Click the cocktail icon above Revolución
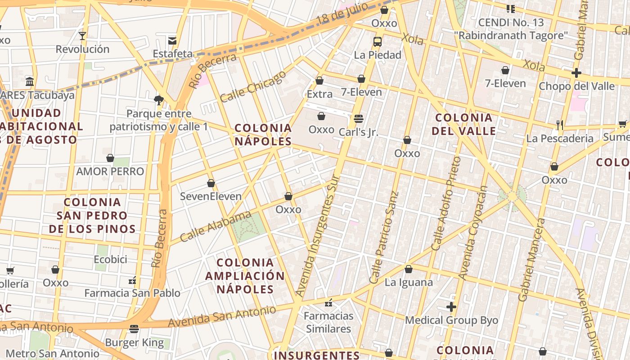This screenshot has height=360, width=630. pyautogui.click(x=82, y=36)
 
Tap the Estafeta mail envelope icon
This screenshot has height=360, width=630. pyautogui.click(x=172, y=41)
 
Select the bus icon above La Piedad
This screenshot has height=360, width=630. pyautogui.click(x=378, y=42)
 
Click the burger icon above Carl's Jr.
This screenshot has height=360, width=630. pyautogui.click(x=359, y=119)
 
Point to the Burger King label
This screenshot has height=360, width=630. pyautogui.click(x=134, y=342)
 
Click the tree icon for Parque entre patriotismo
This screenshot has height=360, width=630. pyautogui.click(x=158, y=100)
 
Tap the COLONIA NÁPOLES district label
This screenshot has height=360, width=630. pyautogui.click(x=263, y=135)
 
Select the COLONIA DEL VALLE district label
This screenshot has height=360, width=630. pyautogui.click(x=464, y=124)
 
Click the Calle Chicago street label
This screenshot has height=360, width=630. pyautogui.click(x=253, y=86)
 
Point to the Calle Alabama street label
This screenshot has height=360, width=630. pyautogui.click(x=216, y=226)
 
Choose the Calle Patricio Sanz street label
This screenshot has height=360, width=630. pyautogui.click(x=384, y=237)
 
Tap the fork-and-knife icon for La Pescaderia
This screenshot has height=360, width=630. pyautogui.click(x=560, y=125)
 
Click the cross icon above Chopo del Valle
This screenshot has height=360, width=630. pyautogui.click(x=576, y=73)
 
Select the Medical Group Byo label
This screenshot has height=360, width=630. pyautogui.click(x=451, y=320)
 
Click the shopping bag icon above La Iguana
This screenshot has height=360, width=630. pyautogui.click(x=408, y=270)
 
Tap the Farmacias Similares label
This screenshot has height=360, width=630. pyautogui.click(x=328, y=322)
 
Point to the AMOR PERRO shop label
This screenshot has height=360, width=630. pyautogui.click(x=110, y=171)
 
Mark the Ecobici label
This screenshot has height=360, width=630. pyautogui.click(x=110, y=260)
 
